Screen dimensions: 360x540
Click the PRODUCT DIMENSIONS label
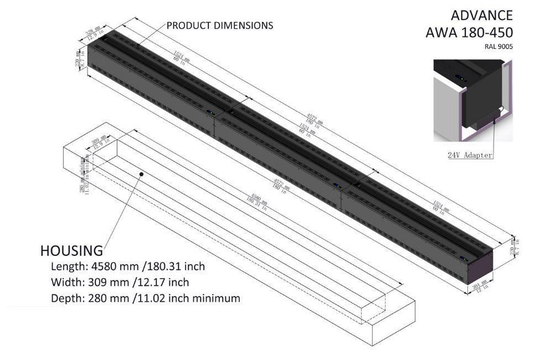pos(219,25)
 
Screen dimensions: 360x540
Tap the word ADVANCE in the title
pos(481,15)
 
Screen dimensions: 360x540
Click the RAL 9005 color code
pos(498,47)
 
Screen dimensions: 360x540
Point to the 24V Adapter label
pos(470,155)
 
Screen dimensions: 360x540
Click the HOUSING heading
pos(71,250)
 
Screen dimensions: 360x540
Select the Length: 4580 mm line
pos(127,266)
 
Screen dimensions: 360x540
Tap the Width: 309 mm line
pos(120,282)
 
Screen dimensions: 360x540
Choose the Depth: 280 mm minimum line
pos(145,298)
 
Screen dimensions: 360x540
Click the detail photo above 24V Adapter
pos(474,102)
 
